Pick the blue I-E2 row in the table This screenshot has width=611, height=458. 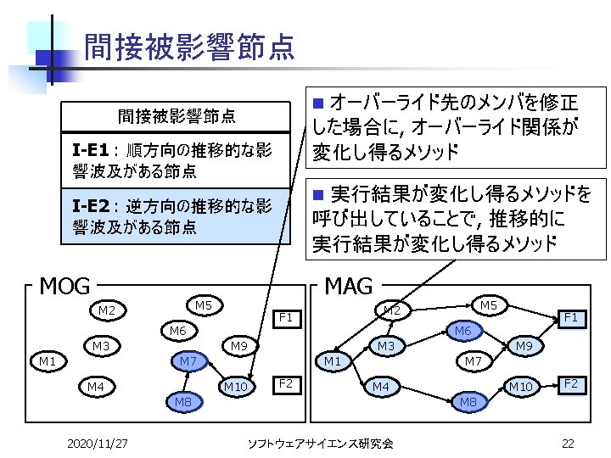(177, 216)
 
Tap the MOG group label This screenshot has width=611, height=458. (65, 287)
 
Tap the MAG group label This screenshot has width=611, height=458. (348, 287)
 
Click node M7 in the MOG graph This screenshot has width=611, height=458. (188, 362)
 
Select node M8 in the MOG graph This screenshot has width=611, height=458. (182, 400)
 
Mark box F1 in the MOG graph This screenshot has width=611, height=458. (286, 319)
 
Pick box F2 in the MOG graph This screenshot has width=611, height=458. (286, 384)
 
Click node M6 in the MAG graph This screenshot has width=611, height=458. (462, 330)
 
